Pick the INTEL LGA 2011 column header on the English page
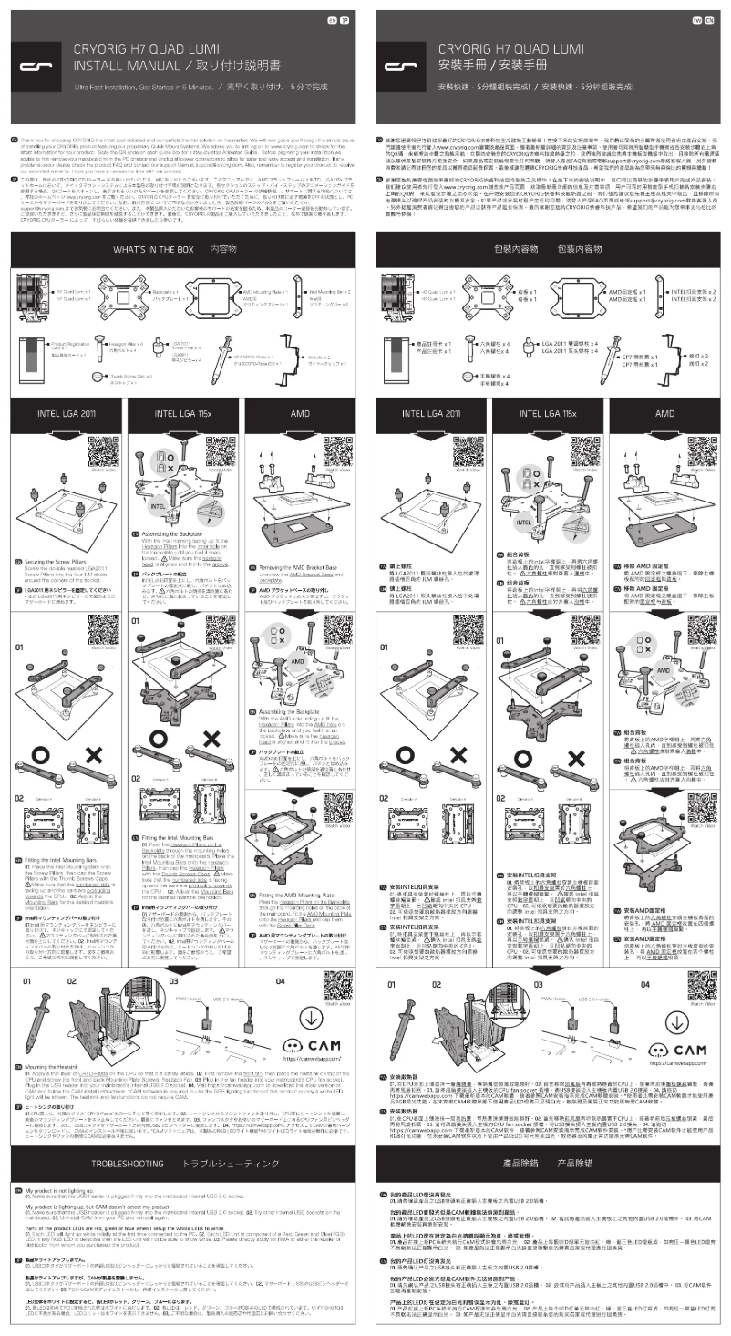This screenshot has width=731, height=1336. [x=60, y=413]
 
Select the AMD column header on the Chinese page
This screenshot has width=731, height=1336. [x=668, y=413]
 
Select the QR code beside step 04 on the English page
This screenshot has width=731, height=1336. [x=336, y=987]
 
